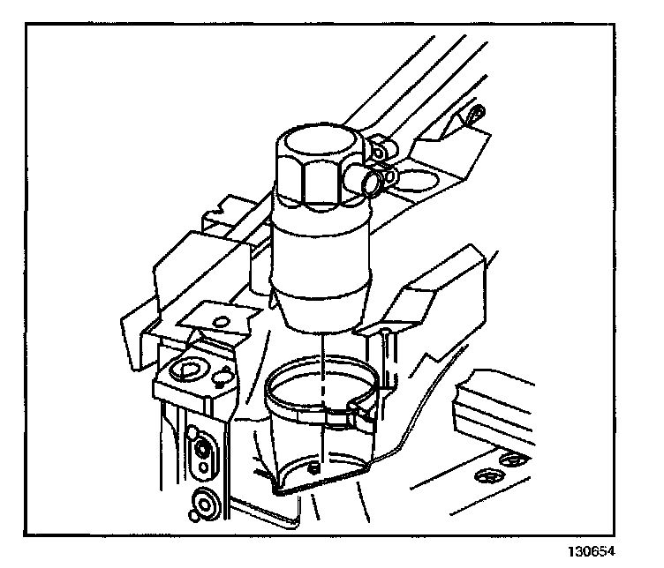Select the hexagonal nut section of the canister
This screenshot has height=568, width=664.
[x=321, y=182]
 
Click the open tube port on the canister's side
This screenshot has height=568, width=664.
[x=368, y=183]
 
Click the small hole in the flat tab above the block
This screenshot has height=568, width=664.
[x=222, y=320]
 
